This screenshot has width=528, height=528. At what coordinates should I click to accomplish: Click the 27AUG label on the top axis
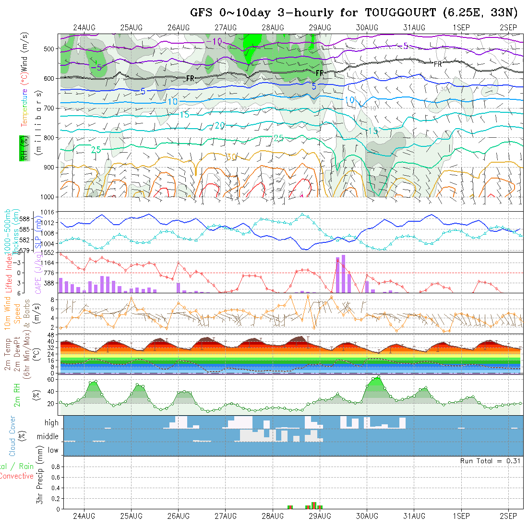point(226,27)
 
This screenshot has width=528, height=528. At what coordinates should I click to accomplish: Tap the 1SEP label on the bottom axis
point(461,516)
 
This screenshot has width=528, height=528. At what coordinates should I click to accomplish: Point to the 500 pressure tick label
point(49,48)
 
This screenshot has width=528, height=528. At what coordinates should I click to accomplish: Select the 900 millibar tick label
point(49,168)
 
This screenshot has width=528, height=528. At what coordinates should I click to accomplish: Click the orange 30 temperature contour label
point(231,157)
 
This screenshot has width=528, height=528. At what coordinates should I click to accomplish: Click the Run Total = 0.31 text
point(490,461)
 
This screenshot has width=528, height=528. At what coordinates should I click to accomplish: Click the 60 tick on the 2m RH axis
point(48,379)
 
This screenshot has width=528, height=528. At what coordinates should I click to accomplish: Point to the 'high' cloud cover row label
point(51,423)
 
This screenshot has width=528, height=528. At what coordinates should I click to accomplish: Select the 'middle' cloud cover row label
point(48,437)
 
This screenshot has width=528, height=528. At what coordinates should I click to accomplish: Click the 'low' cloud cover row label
point(53,450)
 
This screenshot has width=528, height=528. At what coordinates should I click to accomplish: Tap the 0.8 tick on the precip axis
point(54,467)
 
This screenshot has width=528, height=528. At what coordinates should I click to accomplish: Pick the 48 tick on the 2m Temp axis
point(50,335)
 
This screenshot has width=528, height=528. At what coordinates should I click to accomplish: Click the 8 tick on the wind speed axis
point(53,299)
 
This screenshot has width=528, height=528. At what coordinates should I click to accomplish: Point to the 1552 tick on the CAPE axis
point(48,252)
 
